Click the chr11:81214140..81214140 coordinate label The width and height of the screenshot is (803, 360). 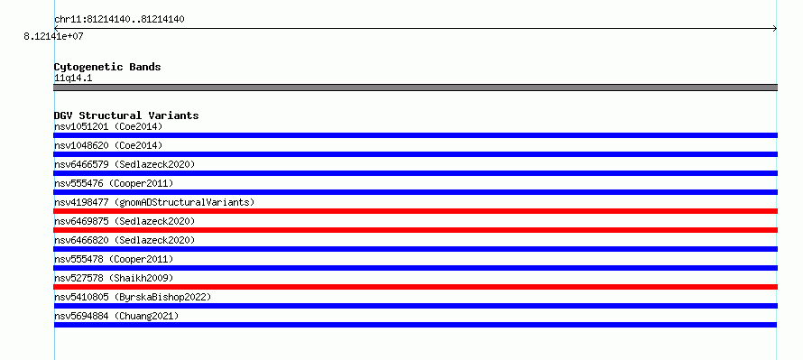(x=119, y=20)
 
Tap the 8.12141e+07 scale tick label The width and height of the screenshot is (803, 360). (x=53, y=36)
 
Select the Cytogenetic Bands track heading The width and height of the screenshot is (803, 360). (x=107, y=67)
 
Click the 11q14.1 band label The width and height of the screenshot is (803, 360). (x=73, y=78)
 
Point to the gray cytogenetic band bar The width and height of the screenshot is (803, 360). (x=415, y=88)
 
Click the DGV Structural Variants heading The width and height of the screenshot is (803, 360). (x=126, y=115)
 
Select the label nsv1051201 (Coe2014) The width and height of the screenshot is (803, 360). (x=108, y=126)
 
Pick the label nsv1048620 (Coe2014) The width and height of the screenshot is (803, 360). (x=108, y=145)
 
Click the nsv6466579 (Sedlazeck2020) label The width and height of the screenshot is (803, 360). (x=125, y=164)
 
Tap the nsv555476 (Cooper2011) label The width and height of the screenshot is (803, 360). (x=114, y=183)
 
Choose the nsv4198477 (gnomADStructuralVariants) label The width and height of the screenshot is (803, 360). (x=154, y=202)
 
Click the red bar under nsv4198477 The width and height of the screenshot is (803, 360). (x=415, y=211)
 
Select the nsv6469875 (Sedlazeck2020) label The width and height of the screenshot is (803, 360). (x=125, y=221)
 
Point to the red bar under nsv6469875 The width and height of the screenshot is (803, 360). (x=415, y=230)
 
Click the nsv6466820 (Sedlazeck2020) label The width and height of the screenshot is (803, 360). (x=125, y=240)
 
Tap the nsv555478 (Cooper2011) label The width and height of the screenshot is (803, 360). (x=114, y=259)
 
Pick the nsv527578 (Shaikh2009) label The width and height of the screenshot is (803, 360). (x=114, y=278)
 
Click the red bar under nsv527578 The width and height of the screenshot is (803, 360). (x=415, y=287)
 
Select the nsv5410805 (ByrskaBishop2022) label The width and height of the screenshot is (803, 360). (x=133, y=297)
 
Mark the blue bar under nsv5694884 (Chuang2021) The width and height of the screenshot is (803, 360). (x=415, y=325)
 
